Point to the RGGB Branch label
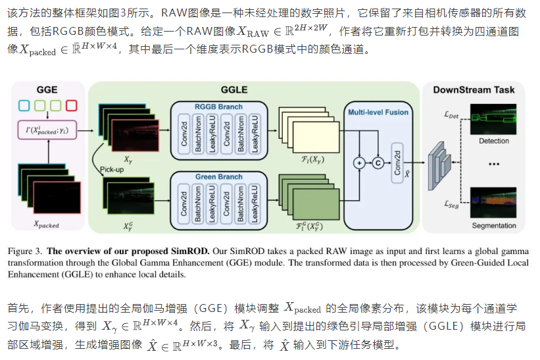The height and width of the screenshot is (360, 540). pos(219,107)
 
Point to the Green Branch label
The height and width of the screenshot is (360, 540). pos(219,177)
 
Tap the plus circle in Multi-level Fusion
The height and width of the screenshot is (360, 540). pos(359,162)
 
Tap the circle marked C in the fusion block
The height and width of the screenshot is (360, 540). pos(378,162)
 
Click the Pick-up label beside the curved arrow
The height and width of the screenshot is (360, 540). pos(111,169)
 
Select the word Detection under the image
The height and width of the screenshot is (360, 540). pos(494,141)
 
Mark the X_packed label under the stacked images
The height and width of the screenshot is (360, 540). pos(46,224)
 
